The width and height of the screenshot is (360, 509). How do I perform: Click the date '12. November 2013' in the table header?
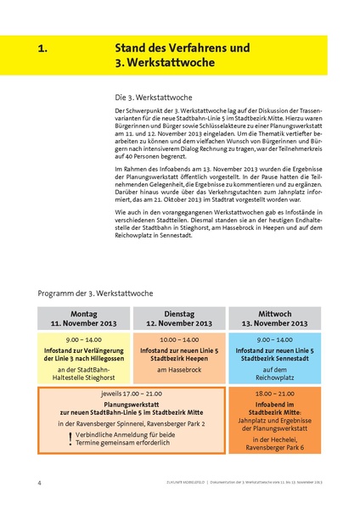(179, 323)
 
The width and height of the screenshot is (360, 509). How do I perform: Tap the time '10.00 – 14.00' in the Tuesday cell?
(179, 338)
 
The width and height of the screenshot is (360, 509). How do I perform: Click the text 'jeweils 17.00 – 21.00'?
(131, 395)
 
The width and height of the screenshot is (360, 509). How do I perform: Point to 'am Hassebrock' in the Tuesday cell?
(179, 371)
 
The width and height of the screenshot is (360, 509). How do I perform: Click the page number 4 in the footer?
(39, 483)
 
